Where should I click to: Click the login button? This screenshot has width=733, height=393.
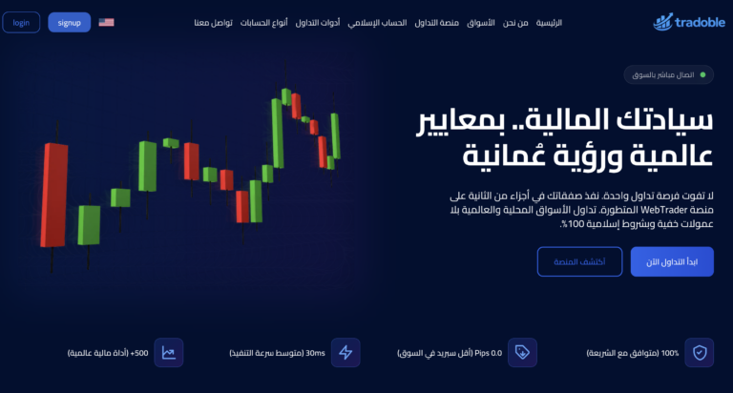coord(21,22)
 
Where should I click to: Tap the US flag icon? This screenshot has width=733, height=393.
coord(106,22)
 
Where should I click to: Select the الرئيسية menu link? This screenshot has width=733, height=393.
coord(549,22)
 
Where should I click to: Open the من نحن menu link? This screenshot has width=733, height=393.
coord(515,22)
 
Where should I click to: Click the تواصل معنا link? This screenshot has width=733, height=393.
coord(215,22)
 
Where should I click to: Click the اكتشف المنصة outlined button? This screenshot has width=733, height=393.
coord(579,261)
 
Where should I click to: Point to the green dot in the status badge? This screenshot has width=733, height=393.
coord(703,74)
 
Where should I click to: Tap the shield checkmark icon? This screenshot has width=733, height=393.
coord(700,353)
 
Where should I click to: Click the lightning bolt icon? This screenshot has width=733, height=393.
coord(346,353)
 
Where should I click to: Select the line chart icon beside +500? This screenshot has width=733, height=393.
coord(169,353)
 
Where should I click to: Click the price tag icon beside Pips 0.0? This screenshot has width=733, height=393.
coord(522,353)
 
